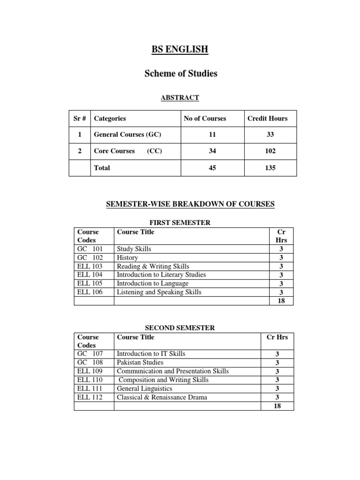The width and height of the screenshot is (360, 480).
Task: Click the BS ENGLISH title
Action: [x=180, y=49]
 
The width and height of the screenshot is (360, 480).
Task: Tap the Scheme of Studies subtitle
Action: [x=180, y=74]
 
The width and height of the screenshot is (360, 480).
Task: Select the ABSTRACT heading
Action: [x=180, y=97]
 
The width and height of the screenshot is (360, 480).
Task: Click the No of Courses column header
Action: [x=205, y=119]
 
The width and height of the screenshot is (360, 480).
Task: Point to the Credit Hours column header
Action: [x=268, y=119]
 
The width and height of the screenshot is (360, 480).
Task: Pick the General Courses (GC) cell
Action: [x=127, y=135]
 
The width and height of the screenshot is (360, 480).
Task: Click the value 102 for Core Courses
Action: [x=270, y=151]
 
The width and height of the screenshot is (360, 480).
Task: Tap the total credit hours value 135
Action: [x=270, y=168]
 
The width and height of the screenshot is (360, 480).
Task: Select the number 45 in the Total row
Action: [x=212, y=168]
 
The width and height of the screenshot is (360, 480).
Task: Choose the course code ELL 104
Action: [x=90, y=275]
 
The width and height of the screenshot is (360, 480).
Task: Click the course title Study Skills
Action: [x=134, y=249]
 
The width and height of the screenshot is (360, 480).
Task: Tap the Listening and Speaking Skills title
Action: [x=159, y=292]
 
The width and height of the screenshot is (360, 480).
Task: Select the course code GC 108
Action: [x=90, y=362]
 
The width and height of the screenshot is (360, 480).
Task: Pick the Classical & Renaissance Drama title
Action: [x=162, y=397]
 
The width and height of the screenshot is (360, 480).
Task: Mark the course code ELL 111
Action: [x=90, y=389]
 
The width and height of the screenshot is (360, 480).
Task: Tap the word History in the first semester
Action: [x=127, y=257]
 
